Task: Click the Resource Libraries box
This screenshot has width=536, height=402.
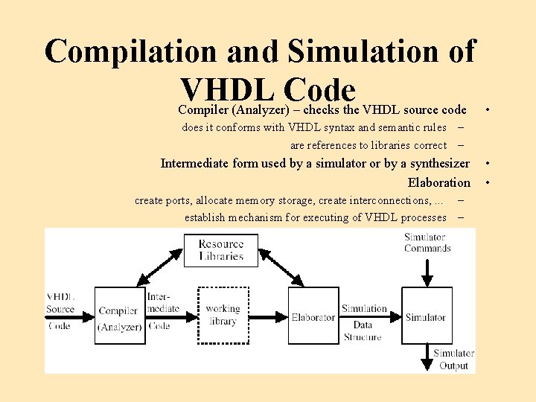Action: coord(221,249)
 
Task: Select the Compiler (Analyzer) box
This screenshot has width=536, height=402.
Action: coord(119,315)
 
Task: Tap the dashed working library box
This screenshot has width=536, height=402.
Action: coord(222,315)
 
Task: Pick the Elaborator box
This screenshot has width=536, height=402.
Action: coord(313,315)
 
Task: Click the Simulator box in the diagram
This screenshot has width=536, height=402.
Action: coord(425,315)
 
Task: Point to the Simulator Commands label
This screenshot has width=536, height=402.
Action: coord(427,243)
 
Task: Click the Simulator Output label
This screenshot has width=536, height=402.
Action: coord(453,360)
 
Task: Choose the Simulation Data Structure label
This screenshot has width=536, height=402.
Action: coord(363,322)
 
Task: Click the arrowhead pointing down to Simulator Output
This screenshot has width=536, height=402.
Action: coord(427,363)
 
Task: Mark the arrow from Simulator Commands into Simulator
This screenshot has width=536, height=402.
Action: coord(427,272)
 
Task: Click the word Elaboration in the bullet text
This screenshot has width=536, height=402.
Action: coord(439,182)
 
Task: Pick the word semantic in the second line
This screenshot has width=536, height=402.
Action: coord(382,127)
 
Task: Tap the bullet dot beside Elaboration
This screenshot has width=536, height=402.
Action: coord(487,182)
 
